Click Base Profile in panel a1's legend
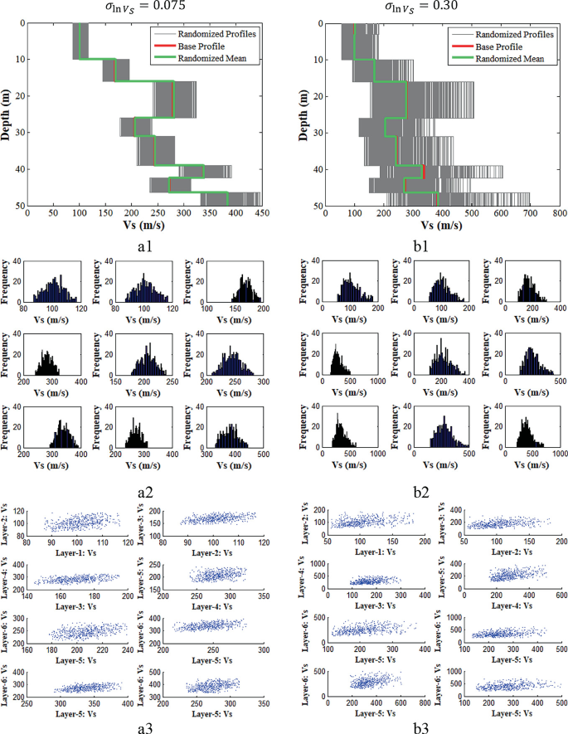[x=202, y=46]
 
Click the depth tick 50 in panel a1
[x=18, y=205]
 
